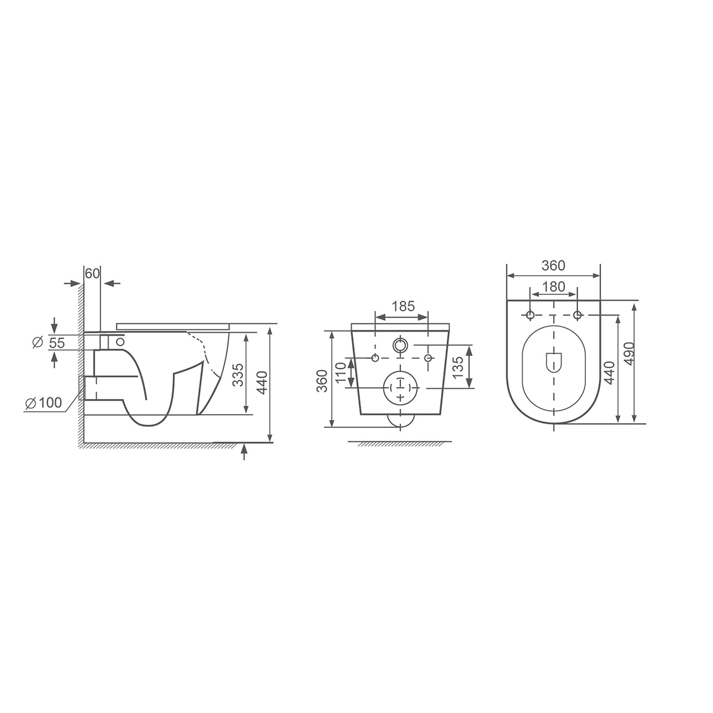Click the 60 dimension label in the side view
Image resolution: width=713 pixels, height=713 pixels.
tap(93, 273)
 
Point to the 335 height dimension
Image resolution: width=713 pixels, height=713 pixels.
tap(238, 375)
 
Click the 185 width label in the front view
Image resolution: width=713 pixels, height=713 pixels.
tap(403, 307)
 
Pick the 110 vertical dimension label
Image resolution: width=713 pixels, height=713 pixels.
tap(340, 372)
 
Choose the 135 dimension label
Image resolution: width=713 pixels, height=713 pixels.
tap(458, 367)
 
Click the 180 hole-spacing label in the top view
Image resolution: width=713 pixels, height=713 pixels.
tap(554, 286)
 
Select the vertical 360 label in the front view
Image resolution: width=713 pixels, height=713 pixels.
tap(322, 381)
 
